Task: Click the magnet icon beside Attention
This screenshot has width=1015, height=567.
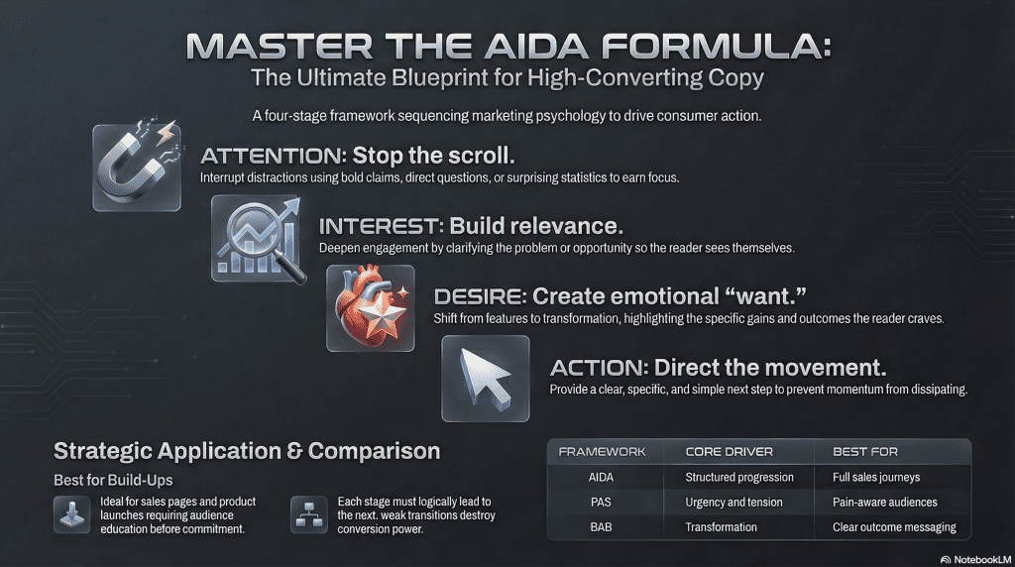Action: (137, 167)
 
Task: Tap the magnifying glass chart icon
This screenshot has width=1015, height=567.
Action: (259, 238)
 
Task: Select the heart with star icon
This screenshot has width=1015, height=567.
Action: (371, 308)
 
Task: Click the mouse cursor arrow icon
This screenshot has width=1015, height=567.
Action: (486, 379)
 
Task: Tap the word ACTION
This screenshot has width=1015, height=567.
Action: (599, 368)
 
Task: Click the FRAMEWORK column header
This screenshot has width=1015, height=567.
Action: (602, 452)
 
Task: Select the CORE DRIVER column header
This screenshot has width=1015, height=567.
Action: (729, 452)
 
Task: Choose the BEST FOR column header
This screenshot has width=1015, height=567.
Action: (864, 452)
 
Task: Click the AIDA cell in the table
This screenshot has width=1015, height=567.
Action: (601, 478)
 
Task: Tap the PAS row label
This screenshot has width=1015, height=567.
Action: (601, 503)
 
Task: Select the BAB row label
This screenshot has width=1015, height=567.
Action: (601, 527)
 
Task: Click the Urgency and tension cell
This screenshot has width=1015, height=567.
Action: (733, 503)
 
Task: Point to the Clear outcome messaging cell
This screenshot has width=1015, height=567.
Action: (894, 527)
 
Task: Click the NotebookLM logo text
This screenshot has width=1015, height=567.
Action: (982, 559)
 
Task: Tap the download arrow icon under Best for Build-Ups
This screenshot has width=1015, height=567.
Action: (71, 514)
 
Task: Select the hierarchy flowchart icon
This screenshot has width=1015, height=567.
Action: (309, 514)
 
